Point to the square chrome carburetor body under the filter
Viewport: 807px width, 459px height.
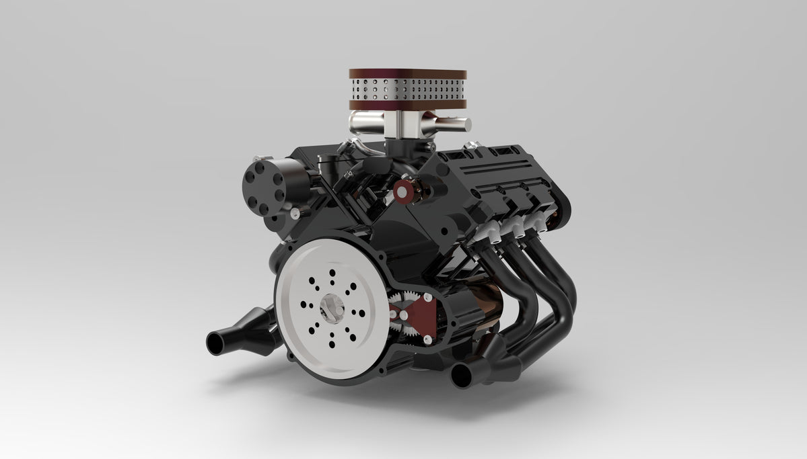pos(406,124)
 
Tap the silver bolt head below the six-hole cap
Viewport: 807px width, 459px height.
pos(295,214)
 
